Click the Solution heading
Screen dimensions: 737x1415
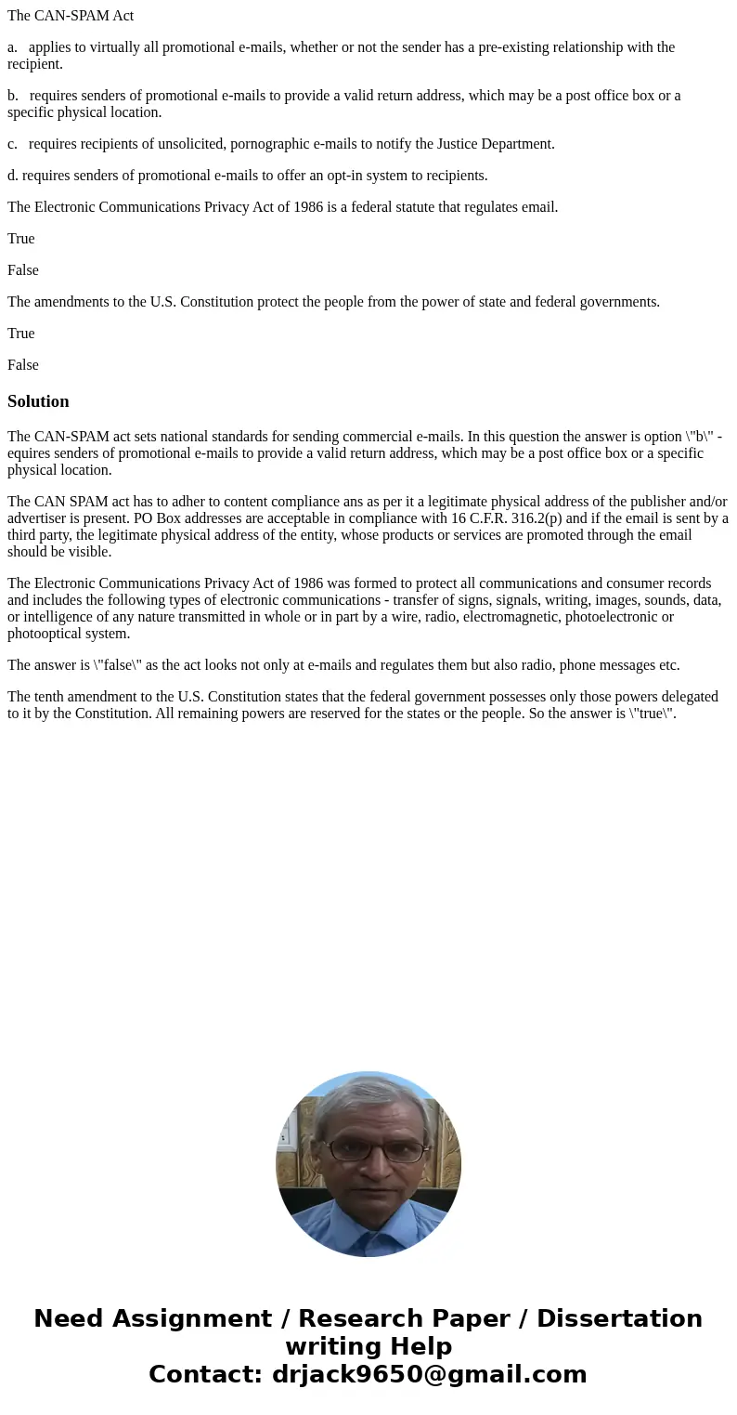click(38, 401)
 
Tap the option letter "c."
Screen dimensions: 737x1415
click(13, 144)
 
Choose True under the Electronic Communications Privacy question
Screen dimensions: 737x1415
click(21, 239)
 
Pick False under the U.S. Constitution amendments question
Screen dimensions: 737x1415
click(23, 365)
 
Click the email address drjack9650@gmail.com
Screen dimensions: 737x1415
click(430, 1375)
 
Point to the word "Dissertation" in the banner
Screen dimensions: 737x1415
click(619, 1319)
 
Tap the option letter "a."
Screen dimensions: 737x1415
click(13, 47)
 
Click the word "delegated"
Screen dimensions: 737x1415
click(686, 697)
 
